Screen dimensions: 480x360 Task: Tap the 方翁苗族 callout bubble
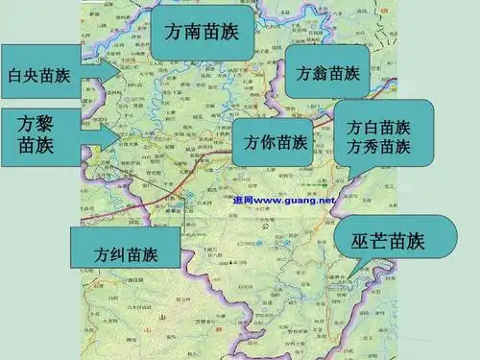[326, 72]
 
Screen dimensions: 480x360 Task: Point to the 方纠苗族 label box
[126, 253]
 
